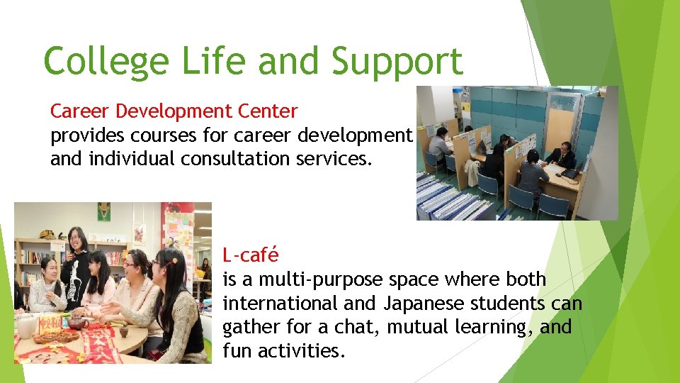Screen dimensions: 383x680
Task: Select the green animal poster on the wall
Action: [104, 211]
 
